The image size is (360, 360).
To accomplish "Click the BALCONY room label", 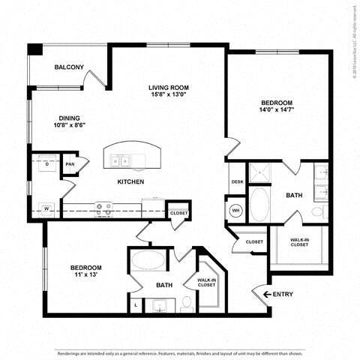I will pyautogui.click(x=68, y=67).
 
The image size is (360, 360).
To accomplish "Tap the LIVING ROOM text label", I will pyautogui.click(x=169, y=87).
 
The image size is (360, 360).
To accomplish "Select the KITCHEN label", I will pyautogui.click(x=130, y=181).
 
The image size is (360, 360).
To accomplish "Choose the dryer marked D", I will pyautogui.click(x=46, y=163).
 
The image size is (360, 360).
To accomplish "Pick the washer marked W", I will pyautogui.click(x=46, y=208).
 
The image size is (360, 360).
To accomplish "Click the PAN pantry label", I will pyautogui.click(x=70, y=164).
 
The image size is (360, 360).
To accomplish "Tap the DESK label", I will pyautogui.click(x=237, y=182).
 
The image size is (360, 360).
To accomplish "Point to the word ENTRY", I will pyautogui.click(x=283, y=295).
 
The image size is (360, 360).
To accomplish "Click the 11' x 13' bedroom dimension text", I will pyautogui.click(x=86, y=276).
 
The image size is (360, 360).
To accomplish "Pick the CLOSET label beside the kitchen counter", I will pyautogui.click(x=178, y=213).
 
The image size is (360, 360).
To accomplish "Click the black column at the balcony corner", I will pyautogui.click(x=35, y=49).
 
